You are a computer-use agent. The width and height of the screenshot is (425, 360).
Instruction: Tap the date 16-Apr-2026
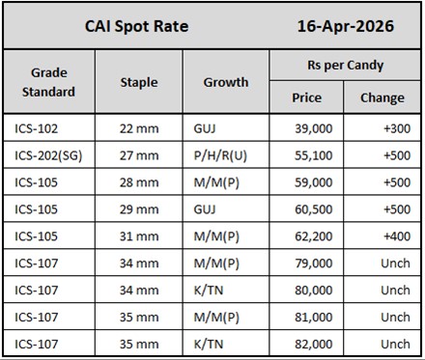coord(344,26)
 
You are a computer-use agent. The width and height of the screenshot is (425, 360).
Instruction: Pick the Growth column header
coord(225,82)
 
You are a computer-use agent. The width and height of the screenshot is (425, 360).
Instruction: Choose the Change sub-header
coord(382,97)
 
